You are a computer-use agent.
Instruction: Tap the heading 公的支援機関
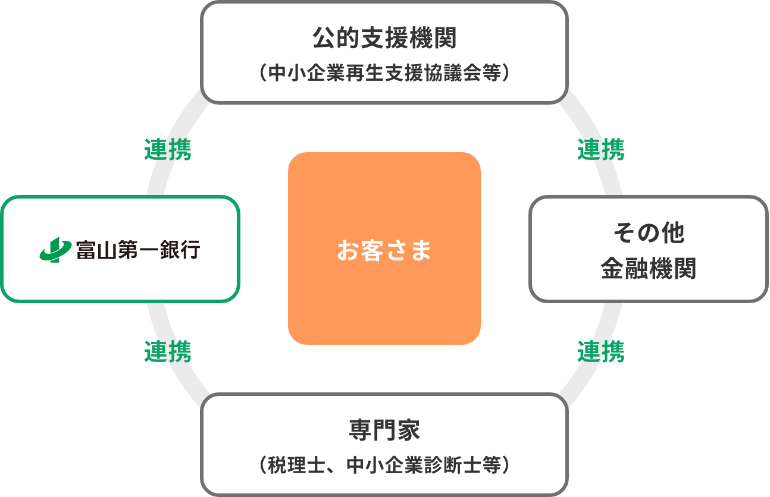[384, 39]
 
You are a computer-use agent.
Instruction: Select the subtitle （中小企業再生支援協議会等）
[384, 73]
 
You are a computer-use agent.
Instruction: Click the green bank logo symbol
[55, 250]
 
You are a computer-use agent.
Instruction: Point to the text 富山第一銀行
[137, 250]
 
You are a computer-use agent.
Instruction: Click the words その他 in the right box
[649, 232]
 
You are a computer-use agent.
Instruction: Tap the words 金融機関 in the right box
[649, 269]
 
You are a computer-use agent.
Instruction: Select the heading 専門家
[384, 430]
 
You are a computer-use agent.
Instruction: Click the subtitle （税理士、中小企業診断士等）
[384, 464]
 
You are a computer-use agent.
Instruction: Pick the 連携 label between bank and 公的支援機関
[168, 150]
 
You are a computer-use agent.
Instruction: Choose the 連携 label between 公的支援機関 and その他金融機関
[601, 150]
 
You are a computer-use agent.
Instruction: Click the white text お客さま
[384, 250]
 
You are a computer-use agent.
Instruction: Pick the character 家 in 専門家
[409, 430]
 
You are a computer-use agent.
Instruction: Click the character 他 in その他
[672, 232]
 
